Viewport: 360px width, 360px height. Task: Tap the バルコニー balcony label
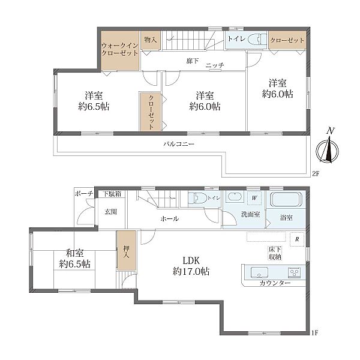pos(179,144)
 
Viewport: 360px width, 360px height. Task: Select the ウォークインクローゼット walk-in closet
pos(120,51)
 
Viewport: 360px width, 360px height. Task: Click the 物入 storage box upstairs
pos(151,40)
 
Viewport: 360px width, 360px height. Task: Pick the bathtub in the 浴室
pos(286,199)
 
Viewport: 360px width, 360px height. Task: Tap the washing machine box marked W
pos(254,198)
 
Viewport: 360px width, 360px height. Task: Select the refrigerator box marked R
pos(297,239)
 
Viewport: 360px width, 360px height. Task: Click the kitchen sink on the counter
pos(259,272)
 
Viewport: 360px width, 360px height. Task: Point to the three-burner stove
pos(295,272)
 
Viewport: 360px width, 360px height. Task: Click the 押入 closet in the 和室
pos(127,250)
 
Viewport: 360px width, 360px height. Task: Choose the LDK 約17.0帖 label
pos(191,266)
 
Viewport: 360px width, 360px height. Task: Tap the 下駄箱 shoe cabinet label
pos(112,194)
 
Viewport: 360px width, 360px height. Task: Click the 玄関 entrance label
pos(111,212)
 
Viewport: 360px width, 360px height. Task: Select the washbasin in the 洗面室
pos(235,197)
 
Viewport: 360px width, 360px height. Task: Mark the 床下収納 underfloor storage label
pos(275,253)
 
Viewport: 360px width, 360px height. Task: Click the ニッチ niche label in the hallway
pos(215,65)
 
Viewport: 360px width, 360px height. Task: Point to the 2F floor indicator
pos(316,174)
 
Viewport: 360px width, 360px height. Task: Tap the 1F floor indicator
pos(315,332)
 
